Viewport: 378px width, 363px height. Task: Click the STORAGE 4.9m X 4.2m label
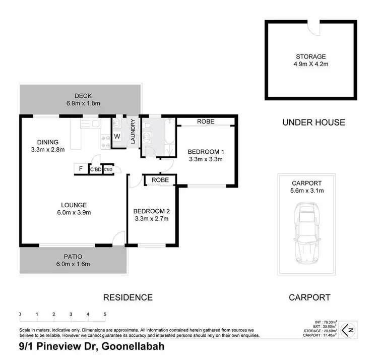click(311, 60)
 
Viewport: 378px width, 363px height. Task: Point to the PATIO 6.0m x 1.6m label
click(73, 260)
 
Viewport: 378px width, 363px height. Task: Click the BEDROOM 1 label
click(205, 155)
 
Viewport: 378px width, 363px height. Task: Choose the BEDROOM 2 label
click(151, 215)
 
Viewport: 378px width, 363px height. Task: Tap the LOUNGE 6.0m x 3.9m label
click(74, 208)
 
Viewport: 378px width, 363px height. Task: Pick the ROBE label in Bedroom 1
click(205, 122)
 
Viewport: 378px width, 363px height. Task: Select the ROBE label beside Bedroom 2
click(160, 180)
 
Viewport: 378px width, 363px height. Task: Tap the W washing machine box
click(117, 136)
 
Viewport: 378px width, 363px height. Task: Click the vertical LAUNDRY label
click(133, 132)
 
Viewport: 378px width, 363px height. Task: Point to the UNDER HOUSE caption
click(313, 122)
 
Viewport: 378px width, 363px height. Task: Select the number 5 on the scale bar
click(105, 315)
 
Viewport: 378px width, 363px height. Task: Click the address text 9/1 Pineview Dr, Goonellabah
click(91, 347)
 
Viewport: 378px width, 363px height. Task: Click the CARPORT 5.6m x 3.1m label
click(306, 187)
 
